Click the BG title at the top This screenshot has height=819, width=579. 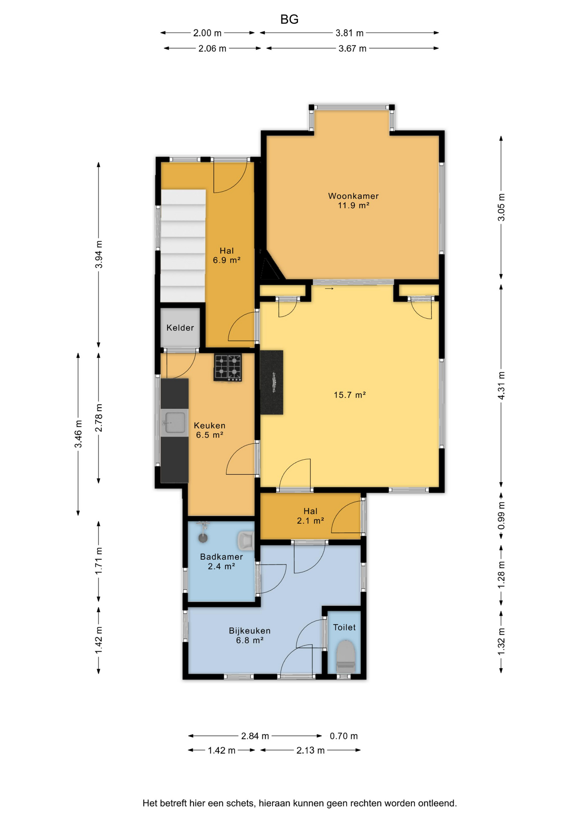coord(289,19)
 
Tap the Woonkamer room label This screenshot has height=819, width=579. coord(353,196)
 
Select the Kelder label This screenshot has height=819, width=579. coord(180,328)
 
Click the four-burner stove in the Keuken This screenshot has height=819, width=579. coord(228,368)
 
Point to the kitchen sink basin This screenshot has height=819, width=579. coord(174,423)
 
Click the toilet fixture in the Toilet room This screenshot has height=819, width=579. coord(346,656)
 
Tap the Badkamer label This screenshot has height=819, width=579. coord(221,557)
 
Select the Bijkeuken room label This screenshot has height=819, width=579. coord(249,630)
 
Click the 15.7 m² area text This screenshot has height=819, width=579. coord(350,395)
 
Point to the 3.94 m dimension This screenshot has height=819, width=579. coord(98,255)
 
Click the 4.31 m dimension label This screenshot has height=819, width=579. coord(501,386)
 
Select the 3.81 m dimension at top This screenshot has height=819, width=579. coord(350,33)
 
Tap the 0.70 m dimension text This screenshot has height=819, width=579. coord(344,736)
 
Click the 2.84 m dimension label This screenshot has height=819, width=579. coord(255,736)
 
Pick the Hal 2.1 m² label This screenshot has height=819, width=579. coord(310,516)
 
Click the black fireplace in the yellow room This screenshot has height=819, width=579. coord(272,382)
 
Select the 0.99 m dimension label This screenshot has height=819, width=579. coord(501,515)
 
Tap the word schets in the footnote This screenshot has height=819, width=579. coord(240,803)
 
